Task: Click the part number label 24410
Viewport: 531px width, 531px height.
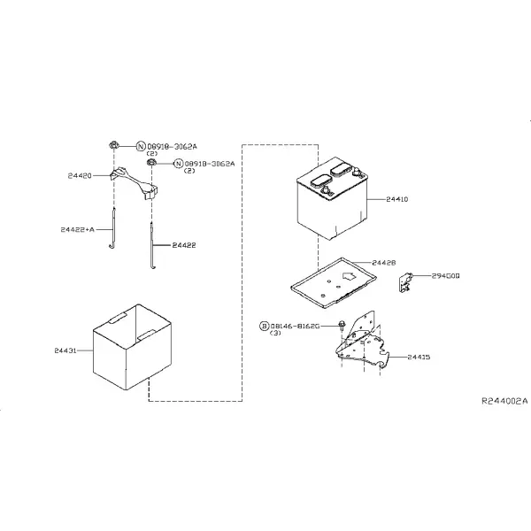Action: click(396, 199)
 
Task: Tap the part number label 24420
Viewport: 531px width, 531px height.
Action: click(80, 176)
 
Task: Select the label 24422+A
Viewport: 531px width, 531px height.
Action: click(78, 229)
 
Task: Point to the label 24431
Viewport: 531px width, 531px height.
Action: click(65, 350)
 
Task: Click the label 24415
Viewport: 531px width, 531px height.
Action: click(419, 357)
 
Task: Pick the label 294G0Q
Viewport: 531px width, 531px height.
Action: click(446, 276)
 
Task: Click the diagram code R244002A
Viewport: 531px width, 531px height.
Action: click(504, 401)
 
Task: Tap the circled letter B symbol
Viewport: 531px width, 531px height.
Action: click(264, 326)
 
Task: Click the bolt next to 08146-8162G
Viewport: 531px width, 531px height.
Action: click(342, 327)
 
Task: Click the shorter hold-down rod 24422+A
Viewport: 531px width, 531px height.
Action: click(113, 227)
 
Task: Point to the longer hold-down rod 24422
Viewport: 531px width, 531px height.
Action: click(152, 245)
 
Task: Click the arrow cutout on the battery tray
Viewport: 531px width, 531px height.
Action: click(349, 276)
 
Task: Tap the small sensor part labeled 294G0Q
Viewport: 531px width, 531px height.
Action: click(405, 282)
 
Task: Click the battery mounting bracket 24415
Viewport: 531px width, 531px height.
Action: click(362, 341)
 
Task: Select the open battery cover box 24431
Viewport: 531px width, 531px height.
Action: click(132, 347)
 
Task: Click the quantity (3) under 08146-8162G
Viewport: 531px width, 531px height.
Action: click(275, 333)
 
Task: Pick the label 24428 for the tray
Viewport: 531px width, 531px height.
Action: click(384, 263)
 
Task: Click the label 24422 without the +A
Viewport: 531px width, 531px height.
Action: click(184, 245)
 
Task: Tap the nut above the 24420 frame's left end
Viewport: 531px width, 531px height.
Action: click(114, 146)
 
